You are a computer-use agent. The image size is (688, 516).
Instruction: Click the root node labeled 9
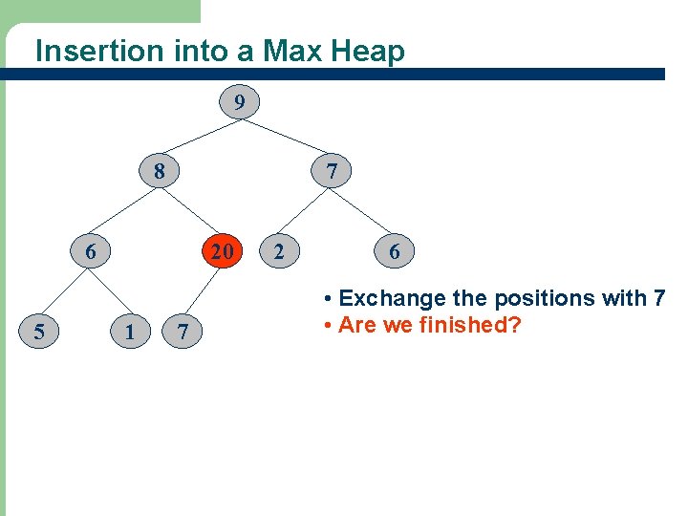pos(240,101)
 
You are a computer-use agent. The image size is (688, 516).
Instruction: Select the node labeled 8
pos(160,172)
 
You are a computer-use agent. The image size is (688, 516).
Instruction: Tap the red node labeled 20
pos(222,252)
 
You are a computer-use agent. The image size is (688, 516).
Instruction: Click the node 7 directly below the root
pos(332,172)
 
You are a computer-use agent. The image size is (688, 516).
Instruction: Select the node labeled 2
pos(278,252)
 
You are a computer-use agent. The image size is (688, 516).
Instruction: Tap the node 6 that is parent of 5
pos(90,252)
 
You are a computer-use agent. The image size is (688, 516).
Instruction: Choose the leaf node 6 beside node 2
pos(394,252)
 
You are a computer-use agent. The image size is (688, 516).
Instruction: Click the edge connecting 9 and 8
pos(200,137)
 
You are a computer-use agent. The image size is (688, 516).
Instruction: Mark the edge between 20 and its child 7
pos(203,290)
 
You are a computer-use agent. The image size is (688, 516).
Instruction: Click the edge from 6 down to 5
pos(63,291)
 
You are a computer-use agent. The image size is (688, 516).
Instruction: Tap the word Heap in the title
pos(368,51)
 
